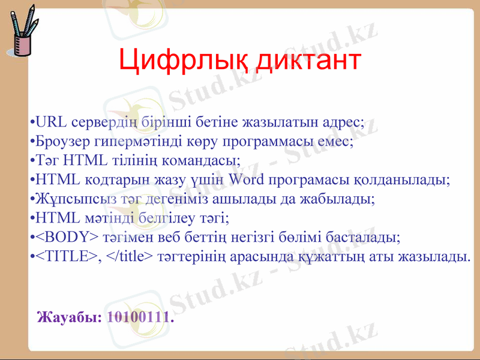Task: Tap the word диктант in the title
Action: click(308, 61)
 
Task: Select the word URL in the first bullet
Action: click(52, 124)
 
